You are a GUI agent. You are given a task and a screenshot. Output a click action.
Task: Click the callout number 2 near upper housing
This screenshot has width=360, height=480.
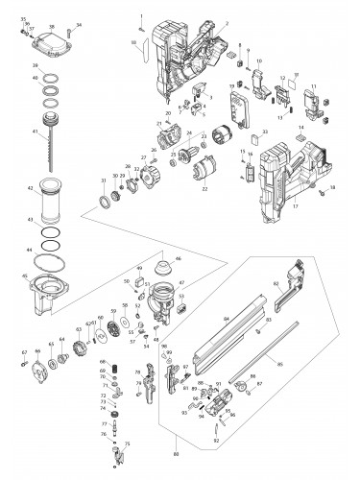click(227, 22)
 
